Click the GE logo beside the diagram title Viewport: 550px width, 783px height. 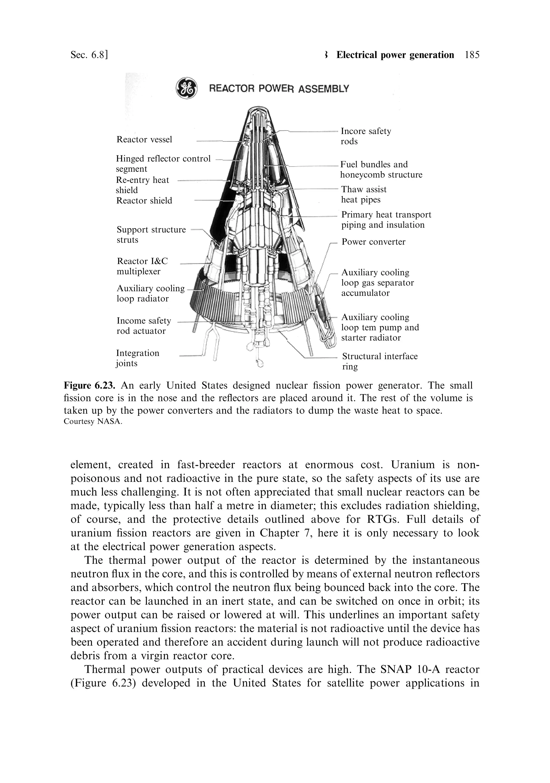(x=186, y=88)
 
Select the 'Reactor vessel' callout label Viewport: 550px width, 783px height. (x=144, y=139)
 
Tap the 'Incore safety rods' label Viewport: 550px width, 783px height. (x=366, y=136)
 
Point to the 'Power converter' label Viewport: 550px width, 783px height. (x=373, y=242)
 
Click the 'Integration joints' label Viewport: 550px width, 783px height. (x=137, y=358)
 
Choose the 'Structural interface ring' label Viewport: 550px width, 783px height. (x=379, y=361)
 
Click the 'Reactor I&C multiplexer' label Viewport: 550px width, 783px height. (x=142, y=266)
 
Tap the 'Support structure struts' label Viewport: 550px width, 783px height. (x=151, y=234)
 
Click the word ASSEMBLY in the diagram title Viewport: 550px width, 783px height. (x=324, y=89)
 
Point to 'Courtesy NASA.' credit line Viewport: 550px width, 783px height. (x=92, y=421)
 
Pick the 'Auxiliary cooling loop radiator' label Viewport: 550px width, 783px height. (x=150, y=293)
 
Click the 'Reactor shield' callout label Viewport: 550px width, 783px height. (x=144, y=201)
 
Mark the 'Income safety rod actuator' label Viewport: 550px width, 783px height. (x=144, y=326)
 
